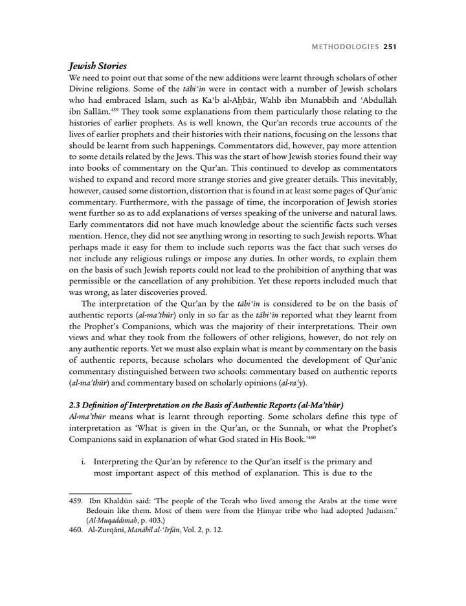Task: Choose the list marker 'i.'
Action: (x=84, y=463)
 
